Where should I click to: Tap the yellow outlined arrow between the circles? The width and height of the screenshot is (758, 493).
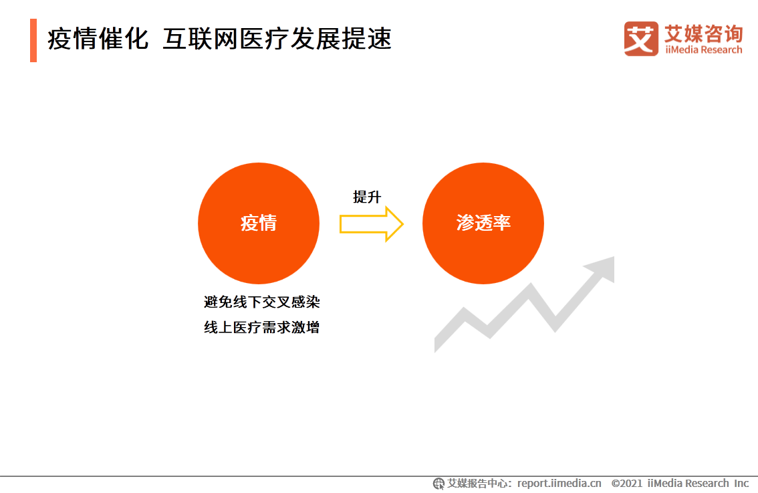371,224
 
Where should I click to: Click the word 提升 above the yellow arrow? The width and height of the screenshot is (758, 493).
367,197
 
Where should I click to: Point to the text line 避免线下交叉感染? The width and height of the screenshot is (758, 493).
262,302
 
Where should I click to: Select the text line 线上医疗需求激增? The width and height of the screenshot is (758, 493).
262,328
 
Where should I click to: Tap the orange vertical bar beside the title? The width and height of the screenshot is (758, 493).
33,40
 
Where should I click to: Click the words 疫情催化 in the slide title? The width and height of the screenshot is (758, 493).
98,39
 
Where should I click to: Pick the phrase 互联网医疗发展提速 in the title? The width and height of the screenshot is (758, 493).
277,39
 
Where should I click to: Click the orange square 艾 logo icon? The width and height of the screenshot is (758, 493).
641,38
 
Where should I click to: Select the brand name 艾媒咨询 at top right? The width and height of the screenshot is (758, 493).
703,33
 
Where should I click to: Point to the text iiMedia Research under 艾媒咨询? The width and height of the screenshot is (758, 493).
703,50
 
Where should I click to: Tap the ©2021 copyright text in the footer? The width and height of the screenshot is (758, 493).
627,483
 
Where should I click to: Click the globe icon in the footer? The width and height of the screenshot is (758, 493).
438,484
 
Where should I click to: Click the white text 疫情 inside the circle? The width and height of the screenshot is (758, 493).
259,223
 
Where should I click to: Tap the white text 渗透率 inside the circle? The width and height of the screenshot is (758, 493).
483,223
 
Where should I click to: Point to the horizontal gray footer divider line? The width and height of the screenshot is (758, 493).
379,476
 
